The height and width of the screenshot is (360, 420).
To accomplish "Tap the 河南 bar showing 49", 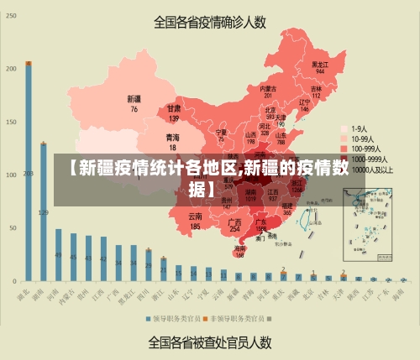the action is [58, 243].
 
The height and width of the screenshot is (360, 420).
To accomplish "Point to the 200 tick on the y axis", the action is [11, 69].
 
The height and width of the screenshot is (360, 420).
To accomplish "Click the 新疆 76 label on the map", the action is [134, 104].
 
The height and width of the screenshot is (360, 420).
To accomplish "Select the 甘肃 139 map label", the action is [174, 112].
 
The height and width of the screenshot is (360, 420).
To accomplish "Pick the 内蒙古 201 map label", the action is [268, 92].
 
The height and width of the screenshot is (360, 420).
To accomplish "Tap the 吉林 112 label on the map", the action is [317, 91].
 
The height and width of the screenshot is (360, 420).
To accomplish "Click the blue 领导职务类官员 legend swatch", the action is [149, 320].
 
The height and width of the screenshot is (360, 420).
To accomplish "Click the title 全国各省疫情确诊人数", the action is [209, 23].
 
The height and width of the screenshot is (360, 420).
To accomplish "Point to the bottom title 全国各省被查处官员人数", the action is [209, 342].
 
